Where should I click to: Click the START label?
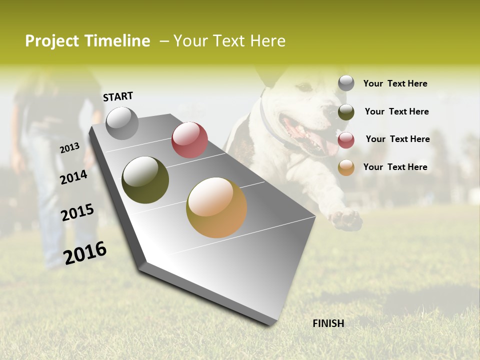click(118, 96)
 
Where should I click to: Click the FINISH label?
click(328, 323)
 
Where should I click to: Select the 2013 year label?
click(69, 148)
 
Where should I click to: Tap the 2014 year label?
click(73, 177)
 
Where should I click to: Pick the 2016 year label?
click(85, 253)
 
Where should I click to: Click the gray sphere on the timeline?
click(122, 123)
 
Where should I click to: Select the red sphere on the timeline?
click(189, 139)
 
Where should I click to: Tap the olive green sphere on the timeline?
click(145, 180)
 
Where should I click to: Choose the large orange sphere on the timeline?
click(216, 207)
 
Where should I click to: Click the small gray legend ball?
click(346, 83)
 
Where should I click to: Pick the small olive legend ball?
click(346, 112)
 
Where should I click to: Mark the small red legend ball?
click(346, 140)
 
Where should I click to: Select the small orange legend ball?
click(346, 167)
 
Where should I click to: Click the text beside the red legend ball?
click(397, 139)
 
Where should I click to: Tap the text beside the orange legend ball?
click(395, 167)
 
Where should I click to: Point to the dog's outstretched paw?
click(347, 219)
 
